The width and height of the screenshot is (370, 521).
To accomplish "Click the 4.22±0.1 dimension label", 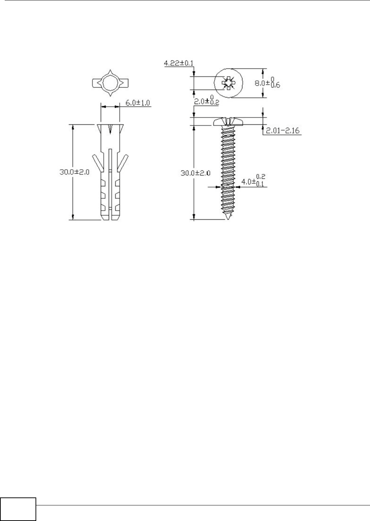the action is click(x=179, y=63).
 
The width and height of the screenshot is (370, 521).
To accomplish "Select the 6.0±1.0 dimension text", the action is click(x=138, y=103).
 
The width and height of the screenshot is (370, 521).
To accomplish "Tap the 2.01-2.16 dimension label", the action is click(x=283, y=131).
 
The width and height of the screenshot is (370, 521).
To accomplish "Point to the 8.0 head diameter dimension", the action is click(x=267, y=83).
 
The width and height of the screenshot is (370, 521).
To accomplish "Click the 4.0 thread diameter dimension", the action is click(x=253, y=180).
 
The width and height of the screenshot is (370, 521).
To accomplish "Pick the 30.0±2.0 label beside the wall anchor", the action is click(x=74, y=172).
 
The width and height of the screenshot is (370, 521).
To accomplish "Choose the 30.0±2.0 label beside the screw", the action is click(x=196, y=173).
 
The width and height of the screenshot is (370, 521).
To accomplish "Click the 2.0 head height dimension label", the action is click(x=207, y=100).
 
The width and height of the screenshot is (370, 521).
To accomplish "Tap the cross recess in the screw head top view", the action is click(x=228, y=83).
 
